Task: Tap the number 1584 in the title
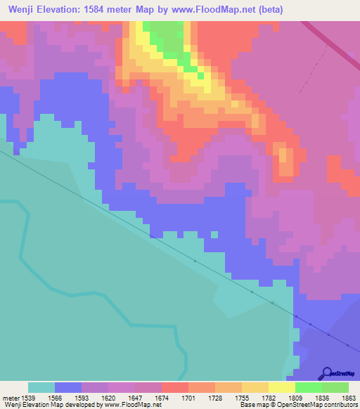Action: coord(104,9)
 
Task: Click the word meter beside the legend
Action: coord(11,398)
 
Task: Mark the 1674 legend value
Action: coord(161,398)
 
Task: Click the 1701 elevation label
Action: coord(188,398)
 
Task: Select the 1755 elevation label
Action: coord(241,398)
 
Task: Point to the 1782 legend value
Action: coord(268,398)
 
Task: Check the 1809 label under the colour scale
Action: coord(295,398)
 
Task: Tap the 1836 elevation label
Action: coord(321,398)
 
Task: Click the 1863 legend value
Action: coord(348,398)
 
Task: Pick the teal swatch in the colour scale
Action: coord(41,387)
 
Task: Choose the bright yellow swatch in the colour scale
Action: coord(281,387)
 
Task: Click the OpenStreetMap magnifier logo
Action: coord(326,373)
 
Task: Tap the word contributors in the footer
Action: coord(341,405)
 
